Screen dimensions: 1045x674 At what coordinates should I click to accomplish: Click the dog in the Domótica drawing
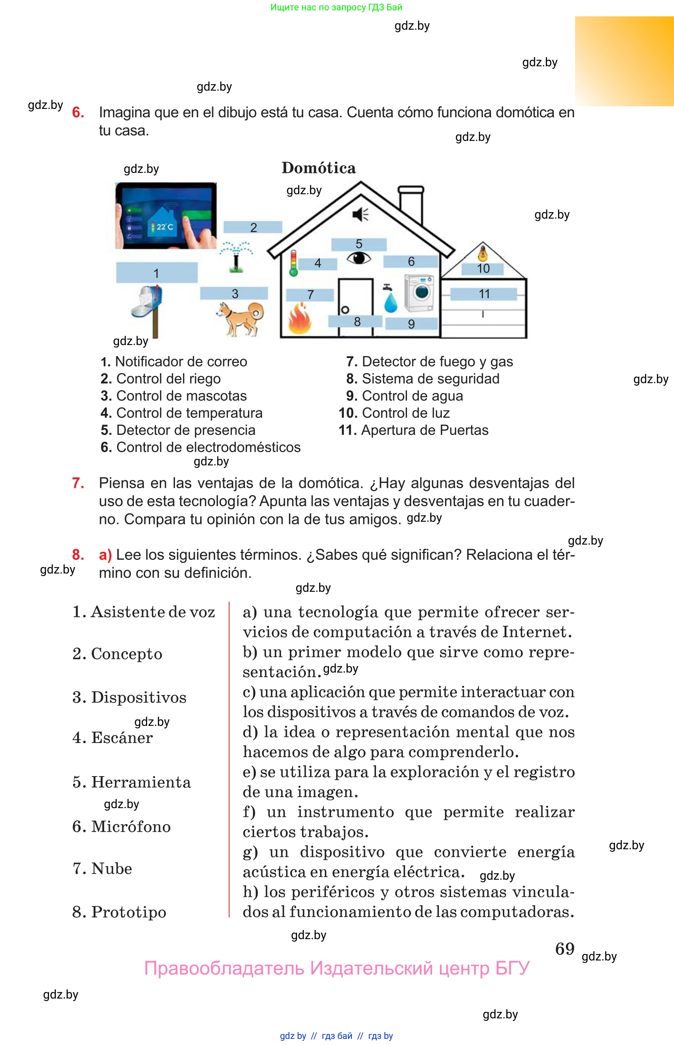click(240, 318)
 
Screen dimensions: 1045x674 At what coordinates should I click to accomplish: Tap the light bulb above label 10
click(482, 253)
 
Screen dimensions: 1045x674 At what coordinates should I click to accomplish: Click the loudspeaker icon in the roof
click(360, 214)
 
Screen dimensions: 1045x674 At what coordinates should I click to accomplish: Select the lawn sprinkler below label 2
click(236, 257)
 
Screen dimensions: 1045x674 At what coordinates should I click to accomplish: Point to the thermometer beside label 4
click(294, 263)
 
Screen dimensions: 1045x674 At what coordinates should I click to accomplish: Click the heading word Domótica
click(319, 168)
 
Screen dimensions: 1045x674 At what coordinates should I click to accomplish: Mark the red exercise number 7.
click(78, 483)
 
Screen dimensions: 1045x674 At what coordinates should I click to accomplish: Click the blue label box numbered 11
click(483, 294)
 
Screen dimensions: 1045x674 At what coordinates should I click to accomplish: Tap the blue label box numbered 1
click(157, 273)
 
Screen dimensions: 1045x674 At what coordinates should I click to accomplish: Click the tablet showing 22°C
click(166, 216)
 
